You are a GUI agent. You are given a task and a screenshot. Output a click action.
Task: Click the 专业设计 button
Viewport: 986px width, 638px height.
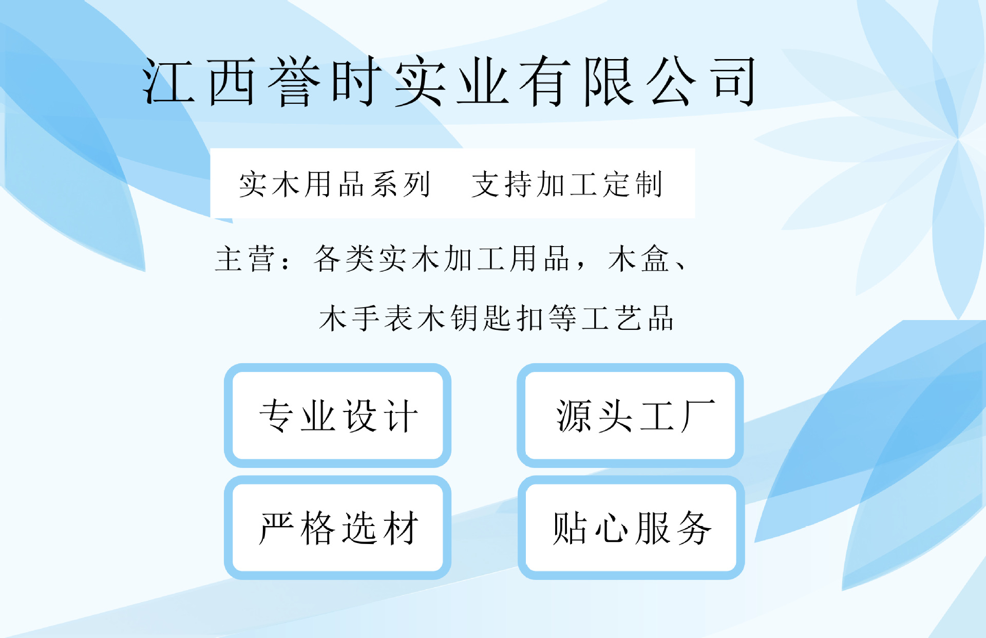[338, 416]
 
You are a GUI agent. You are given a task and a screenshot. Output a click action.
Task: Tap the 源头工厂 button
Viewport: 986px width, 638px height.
[630, 416]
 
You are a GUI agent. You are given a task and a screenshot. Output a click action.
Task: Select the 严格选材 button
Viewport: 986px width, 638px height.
[338, 528]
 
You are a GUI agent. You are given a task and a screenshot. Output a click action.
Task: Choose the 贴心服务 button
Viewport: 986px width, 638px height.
[631, 528]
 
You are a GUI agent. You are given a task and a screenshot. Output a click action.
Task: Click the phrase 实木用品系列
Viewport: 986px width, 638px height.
[334, 184]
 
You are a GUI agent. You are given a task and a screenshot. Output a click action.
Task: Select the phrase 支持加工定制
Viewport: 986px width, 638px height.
[567, 184]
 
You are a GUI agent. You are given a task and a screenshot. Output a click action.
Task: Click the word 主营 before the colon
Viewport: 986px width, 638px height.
[245, 258]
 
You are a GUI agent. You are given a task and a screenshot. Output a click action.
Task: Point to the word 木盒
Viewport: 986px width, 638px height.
[639, 258]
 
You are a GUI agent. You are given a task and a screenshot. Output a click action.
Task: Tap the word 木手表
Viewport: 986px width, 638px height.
[368, 318]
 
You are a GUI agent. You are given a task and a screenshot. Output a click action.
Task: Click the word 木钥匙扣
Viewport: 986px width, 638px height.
[482, 318]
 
